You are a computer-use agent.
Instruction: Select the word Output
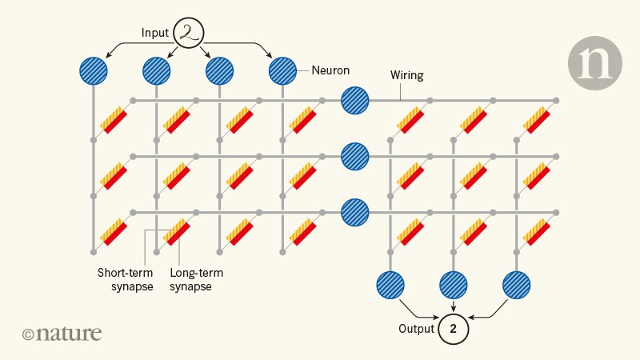pos(416,329)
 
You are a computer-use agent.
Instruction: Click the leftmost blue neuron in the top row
pos(94,72)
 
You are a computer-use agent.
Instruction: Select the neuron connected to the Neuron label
pos(282,72)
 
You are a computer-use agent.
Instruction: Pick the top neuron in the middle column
pos(355,101)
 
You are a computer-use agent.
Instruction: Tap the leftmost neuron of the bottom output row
pos(390,285)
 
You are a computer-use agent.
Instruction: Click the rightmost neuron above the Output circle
pos(517,285)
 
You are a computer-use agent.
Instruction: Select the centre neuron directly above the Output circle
pos(454,285)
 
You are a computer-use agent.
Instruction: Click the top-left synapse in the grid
pos(114,120)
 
